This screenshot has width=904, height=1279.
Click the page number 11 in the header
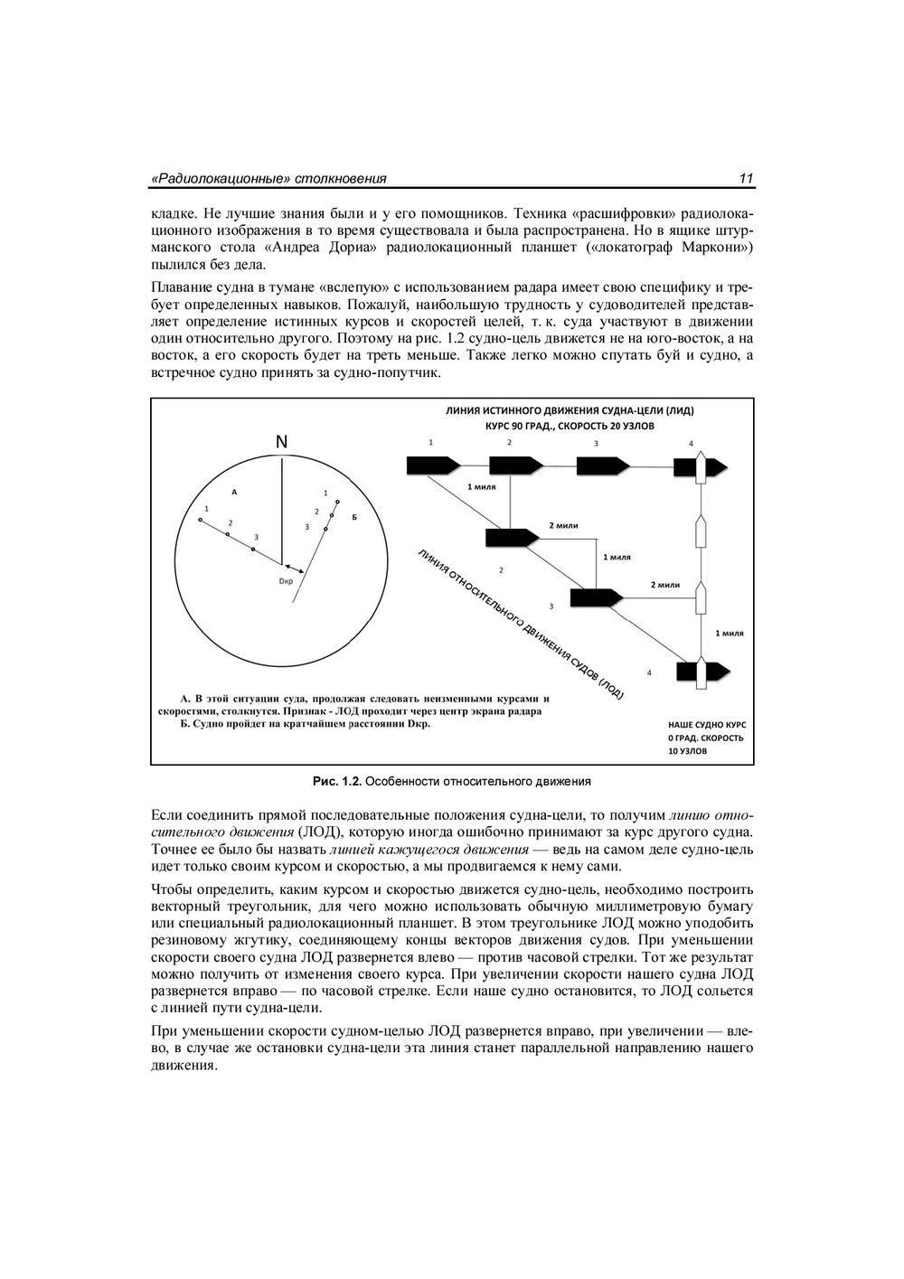(x=746, y=179)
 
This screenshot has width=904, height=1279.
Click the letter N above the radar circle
(x=281, y=442)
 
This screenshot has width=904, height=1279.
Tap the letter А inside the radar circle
(x=234, y=493)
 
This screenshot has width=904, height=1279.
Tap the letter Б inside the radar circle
(x=355, y=516)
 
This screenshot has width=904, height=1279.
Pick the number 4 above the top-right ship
(x=691, y=444)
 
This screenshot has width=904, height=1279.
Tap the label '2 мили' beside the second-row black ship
(x=563, y=525)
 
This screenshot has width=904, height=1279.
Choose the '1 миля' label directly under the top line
(x=482, y=486)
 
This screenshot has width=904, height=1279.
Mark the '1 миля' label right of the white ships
(x=729, y=633)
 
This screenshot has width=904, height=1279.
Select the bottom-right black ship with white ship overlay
(x=702, y=671)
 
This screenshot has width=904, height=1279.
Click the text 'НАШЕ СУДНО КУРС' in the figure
(x=707, y=725)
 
